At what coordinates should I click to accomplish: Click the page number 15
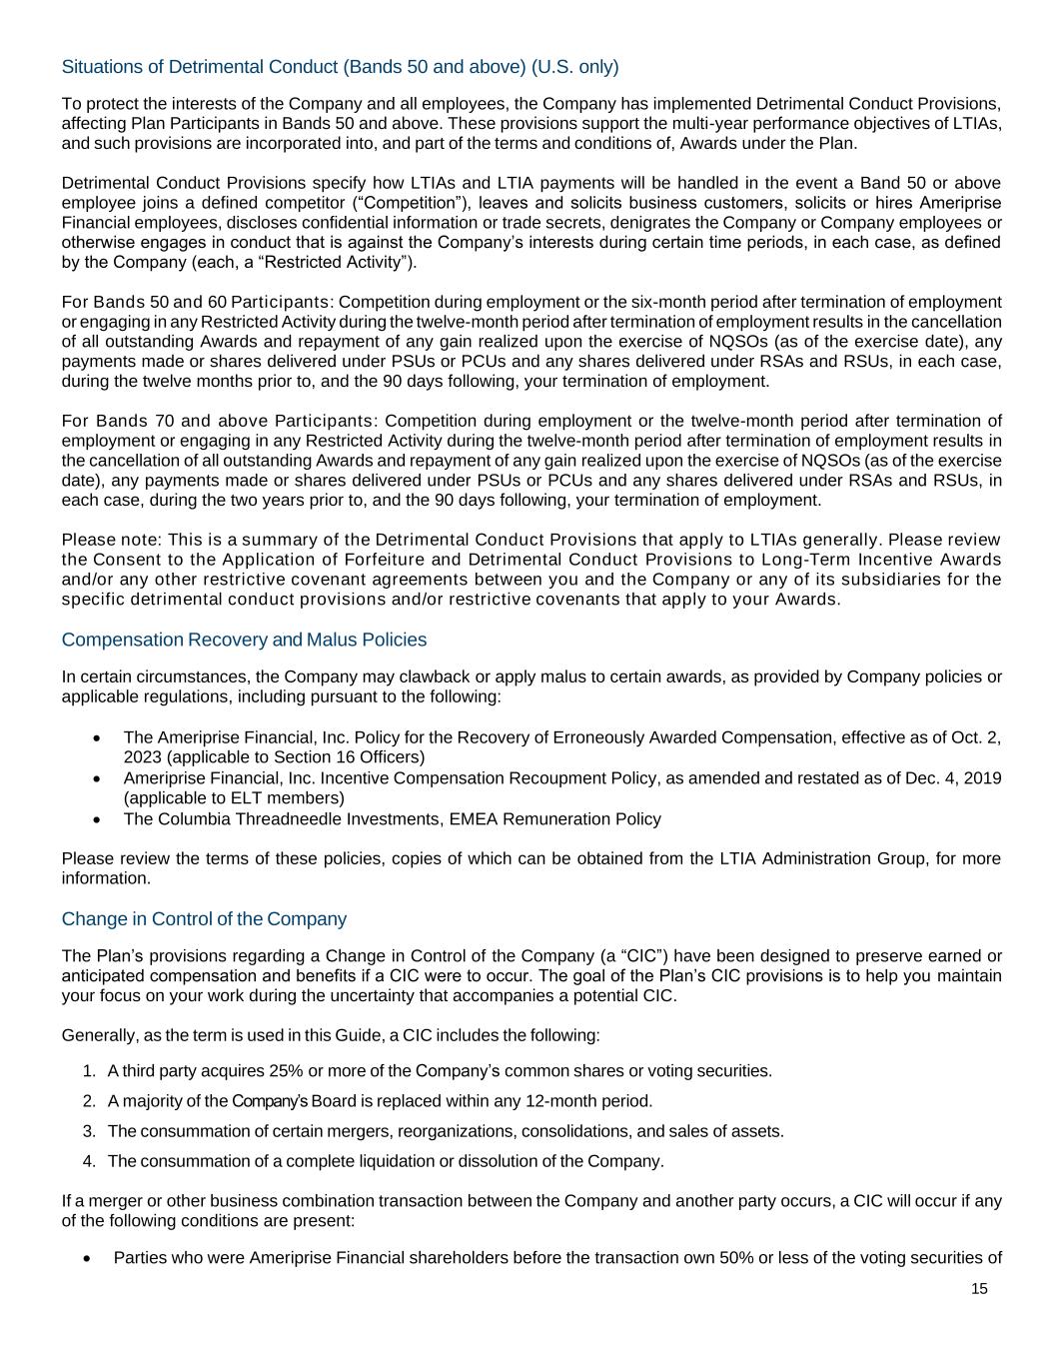(979, 1289)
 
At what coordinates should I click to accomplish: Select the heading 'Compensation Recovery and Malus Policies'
(244, 640)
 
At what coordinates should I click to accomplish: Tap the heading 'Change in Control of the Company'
(204, 919)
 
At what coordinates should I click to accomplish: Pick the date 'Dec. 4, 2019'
(954, 778)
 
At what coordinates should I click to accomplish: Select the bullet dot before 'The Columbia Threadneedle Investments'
(96, 819)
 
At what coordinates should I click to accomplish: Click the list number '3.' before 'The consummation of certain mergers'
(89, 1131)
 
